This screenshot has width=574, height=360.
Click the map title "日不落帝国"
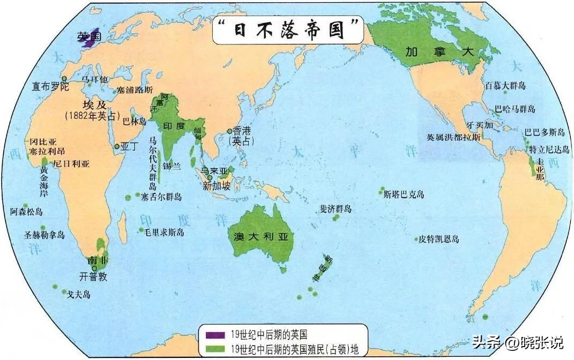pos(287,31)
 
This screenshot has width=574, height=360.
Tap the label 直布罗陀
pos(50,86)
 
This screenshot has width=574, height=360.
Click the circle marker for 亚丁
pos(117,146)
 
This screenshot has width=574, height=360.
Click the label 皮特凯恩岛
pos(439,239)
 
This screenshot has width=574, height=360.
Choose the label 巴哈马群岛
pos(515,109)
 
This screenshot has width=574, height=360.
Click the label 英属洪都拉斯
pos(453,137)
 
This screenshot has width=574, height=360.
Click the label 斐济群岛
pos(336,208)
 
